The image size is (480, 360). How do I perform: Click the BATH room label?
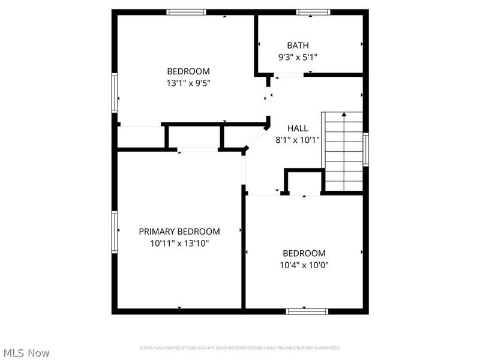pyautogui.click(x=298, y=45)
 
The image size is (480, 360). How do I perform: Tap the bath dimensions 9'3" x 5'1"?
pyautogui.click(x=298, y=58)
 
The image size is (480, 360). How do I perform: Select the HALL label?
pyautogui.click(x=298, y=128)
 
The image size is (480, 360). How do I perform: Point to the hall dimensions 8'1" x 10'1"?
pyautogui.click(x=298, y=140)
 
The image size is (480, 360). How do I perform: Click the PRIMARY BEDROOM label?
pyautogui.click(x=179, y=231)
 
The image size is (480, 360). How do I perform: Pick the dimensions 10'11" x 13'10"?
pyautogui.click(x=179, y=243)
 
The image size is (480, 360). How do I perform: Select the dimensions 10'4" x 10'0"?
pyautogui.click(x=304, y=265)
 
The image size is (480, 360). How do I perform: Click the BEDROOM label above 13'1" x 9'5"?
pyautogui.click(x=188, y=71)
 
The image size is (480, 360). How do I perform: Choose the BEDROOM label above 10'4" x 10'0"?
pyautogui.click(x=304, y=253)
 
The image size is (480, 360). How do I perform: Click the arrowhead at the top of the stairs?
pyautogui.click(x=344, y=113)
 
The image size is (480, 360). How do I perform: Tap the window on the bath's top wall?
pyautogui.click(x=313, y=12)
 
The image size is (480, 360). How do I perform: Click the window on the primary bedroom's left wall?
pyautogui.click(x=114, y=232)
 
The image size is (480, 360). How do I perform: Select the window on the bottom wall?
pyautogui.click(x=307, y=311)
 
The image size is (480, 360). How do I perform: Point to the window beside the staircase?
pyautogui.click(x=365, y=149)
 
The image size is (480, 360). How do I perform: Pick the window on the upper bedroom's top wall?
pyautogui.click(x=186, y=12)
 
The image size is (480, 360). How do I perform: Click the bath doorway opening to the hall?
pyautogui.click(x=289, y=75)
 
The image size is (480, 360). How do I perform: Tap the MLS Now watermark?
pyautogui.click(x=26, y=353)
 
